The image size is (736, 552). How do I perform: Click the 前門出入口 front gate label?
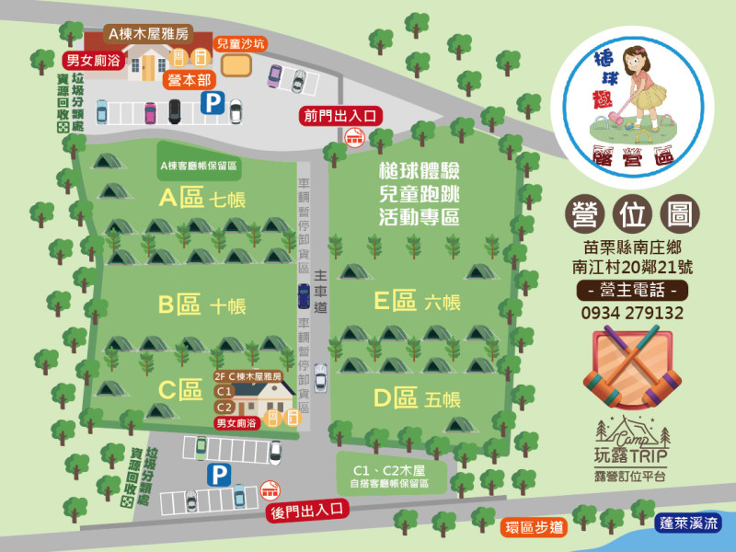click(339, 115)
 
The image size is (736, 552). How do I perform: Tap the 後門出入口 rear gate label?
click(306, 509)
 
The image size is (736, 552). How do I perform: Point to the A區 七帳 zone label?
click(202, 198)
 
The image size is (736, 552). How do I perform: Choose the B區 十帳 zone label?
click(202, 305)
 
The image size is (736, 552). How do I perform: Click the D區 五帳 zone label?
click(417, 398)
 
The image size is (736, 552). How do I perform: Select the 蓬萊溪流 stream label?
click(689, 522)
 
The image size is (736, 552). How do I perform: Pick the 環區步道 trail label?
click(534, 527)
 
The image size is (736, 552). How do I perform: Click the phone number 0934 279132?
click(632, 313)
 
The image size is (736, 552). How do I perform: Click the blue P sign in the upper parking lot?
click(213, 100)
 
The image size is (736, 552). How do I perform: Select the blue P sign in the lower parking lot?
click(219, 475)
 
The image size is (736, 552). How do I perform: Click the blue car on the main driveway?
click(304, 295)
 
